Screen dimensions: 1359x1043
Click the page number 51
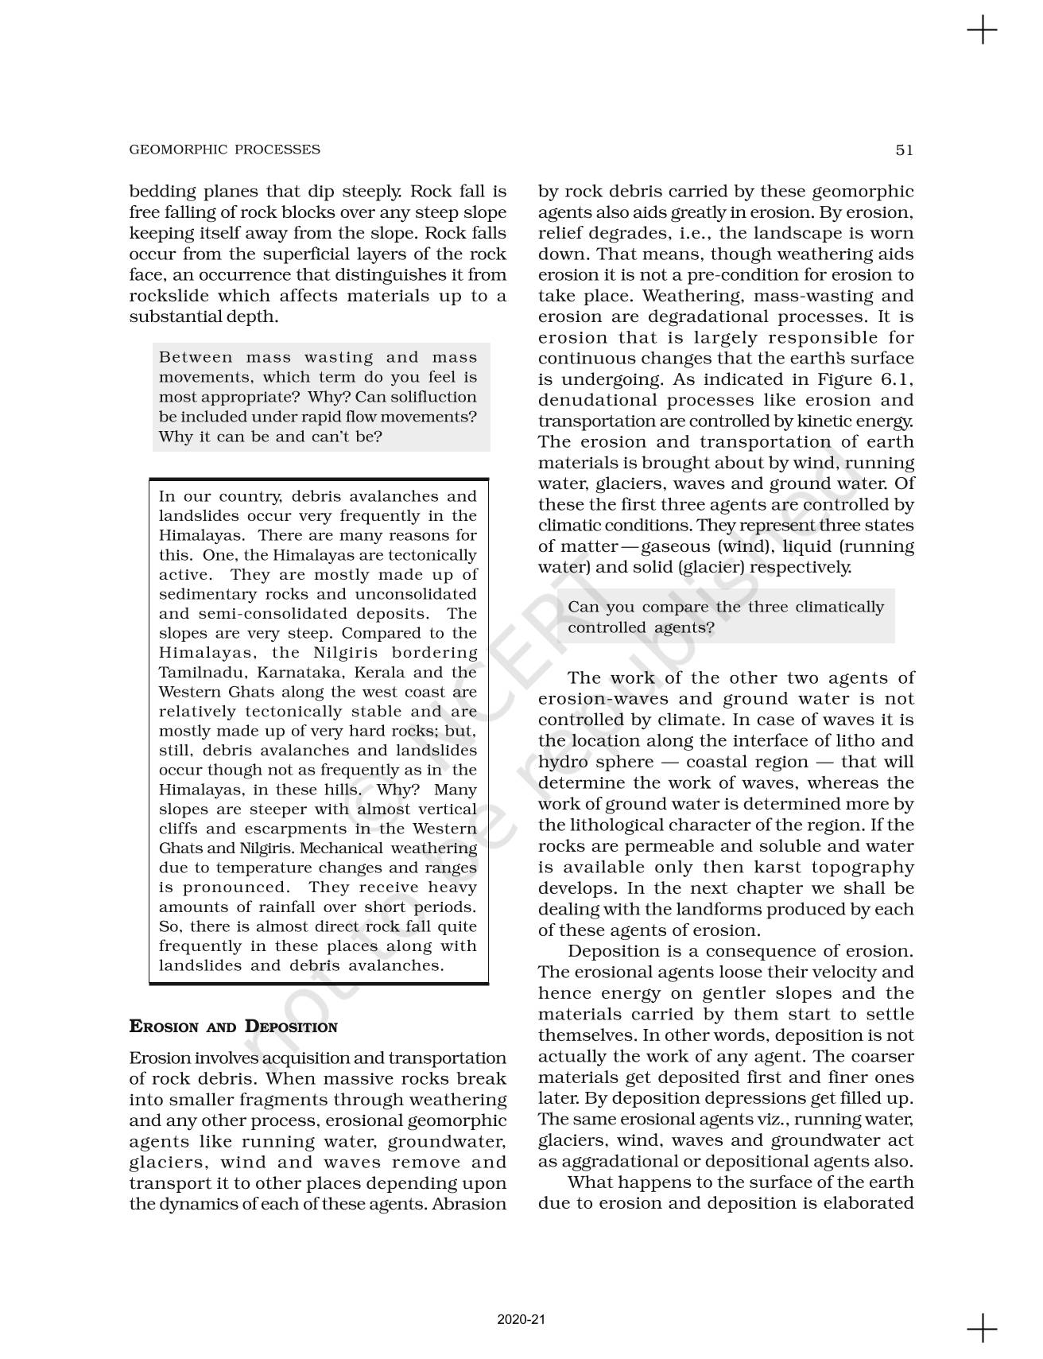pyautogui.click(x=904, y=149)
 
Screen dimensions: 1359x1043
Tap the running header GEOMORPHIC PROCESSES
pyautogui.click(x=224, y=149)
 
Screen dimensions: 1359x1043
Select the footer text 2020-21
pyautogui.click(x=521, y=1319)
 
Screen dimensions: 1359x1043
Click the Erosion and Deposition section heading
pyautogui.click(x=233, y=1027)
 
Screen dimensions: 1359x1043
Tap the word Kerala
pyautogui.click(x=379, y=672)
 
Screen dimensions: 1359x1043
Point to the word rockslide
pyautogui.click(x=168, y=296)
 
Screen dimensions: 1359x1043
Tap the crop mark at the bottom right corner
pyautogui.click(x=982, y=1327)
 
